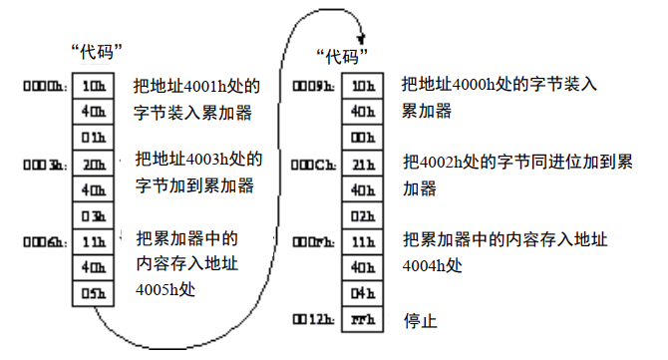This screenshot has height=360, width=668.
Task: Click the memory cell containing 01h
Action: pos(95,136)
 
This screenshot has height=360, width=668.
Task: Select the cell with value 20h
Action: pos(95,162)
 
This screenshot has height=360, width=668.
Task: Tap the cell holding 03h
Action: pos(95,214)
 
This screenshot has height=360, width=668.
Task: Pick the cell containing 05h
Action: pos(95,293)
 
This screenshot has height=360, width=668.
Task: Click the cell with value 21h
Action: pos(363,163)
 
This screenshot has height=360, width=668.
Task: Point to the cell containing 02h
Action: pos(363,214)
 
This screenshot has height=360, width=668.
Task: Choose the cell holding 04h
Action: pos(363,293)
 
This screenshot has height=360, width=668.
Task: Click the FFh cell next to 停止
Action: pos(363,319)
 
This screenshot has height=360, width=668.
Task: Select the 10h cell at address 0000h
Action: pos(95,84)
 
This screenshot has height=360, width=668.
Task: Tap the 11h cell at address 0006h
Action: pos(95,240)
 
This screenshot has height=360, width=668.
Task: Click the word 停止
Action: pos(421,321)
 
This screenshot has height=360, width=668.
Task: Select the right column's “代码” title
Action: pos(343,54)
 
